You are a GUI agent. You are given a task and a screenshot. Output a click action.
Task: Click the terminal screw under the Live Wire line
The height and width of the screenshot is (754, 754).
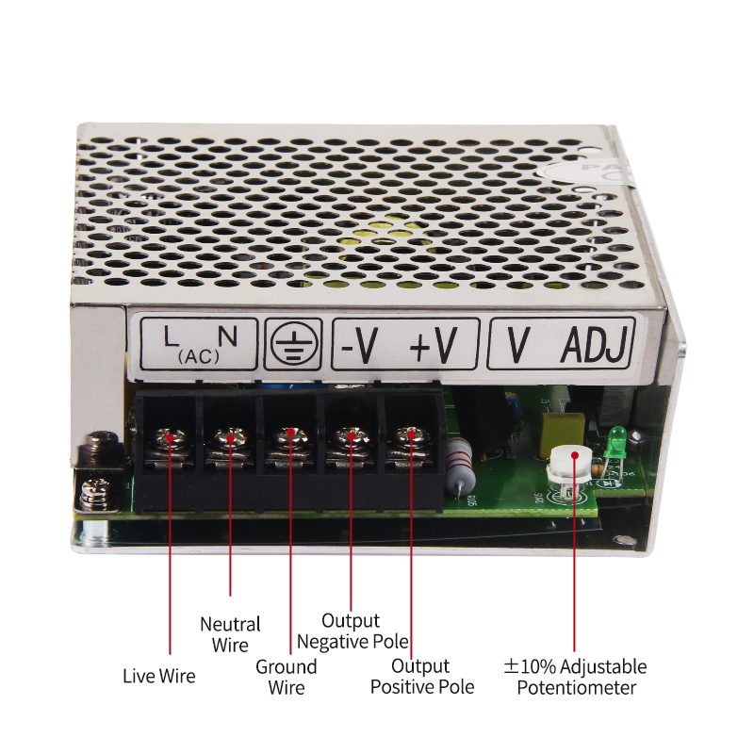(x=172, y=438)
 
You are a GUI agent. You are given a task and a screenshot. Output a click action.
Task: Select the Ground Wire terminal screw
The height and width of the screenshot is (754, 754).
(x=290, y=438)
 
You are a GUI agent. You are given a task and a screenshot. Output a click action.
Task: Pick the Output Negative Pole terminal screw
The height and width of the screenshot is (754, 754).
(x=352, y=437)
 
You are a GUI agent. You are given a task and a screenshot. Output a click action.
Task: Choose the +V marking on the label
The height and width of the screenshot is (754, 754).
(x=433, y=346)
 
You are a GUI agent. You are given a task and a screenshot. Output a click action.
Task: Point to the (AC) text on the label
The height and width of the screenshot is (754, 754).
(x=199, y=357)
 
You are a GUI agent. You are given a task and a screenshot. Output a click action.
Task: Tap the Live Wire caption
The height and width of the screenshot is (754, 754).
(x=159, y=676)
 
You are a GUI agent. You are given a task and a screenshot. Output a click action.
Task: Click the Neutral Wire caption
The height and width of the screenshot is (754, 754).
(x=230, y=634)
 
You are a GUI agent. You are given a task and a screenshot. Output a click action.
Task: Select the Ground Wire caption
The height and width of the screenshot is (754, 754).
(x=287, y=677)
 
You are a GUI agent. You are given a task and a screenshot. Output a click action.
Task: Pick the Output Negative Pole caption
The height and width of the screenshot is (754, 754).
(x=352, y=631)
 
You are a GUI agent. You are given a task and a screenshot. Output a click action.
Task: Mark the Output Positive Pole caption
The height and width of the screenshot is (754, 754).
(x=422, y=677)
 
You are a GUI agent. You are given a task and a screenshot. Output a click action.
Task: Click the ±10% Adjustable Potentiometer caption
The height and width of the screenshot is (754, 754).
(x=575, y=677)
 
